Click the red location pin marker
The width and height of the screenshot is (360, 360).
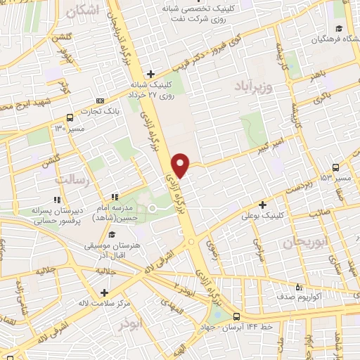click(181, 165)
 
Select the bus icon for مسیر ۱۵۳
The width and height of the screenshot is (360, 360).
click(335, 167)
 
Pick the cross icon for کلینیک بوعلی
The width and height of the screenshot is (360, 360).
click(262, 205)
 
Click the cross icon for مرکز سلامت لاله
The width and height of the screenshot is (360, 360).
click(104, 292)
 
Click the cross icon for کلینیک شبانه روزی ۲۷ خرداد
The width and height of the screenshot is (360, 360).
click(150, 73)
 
